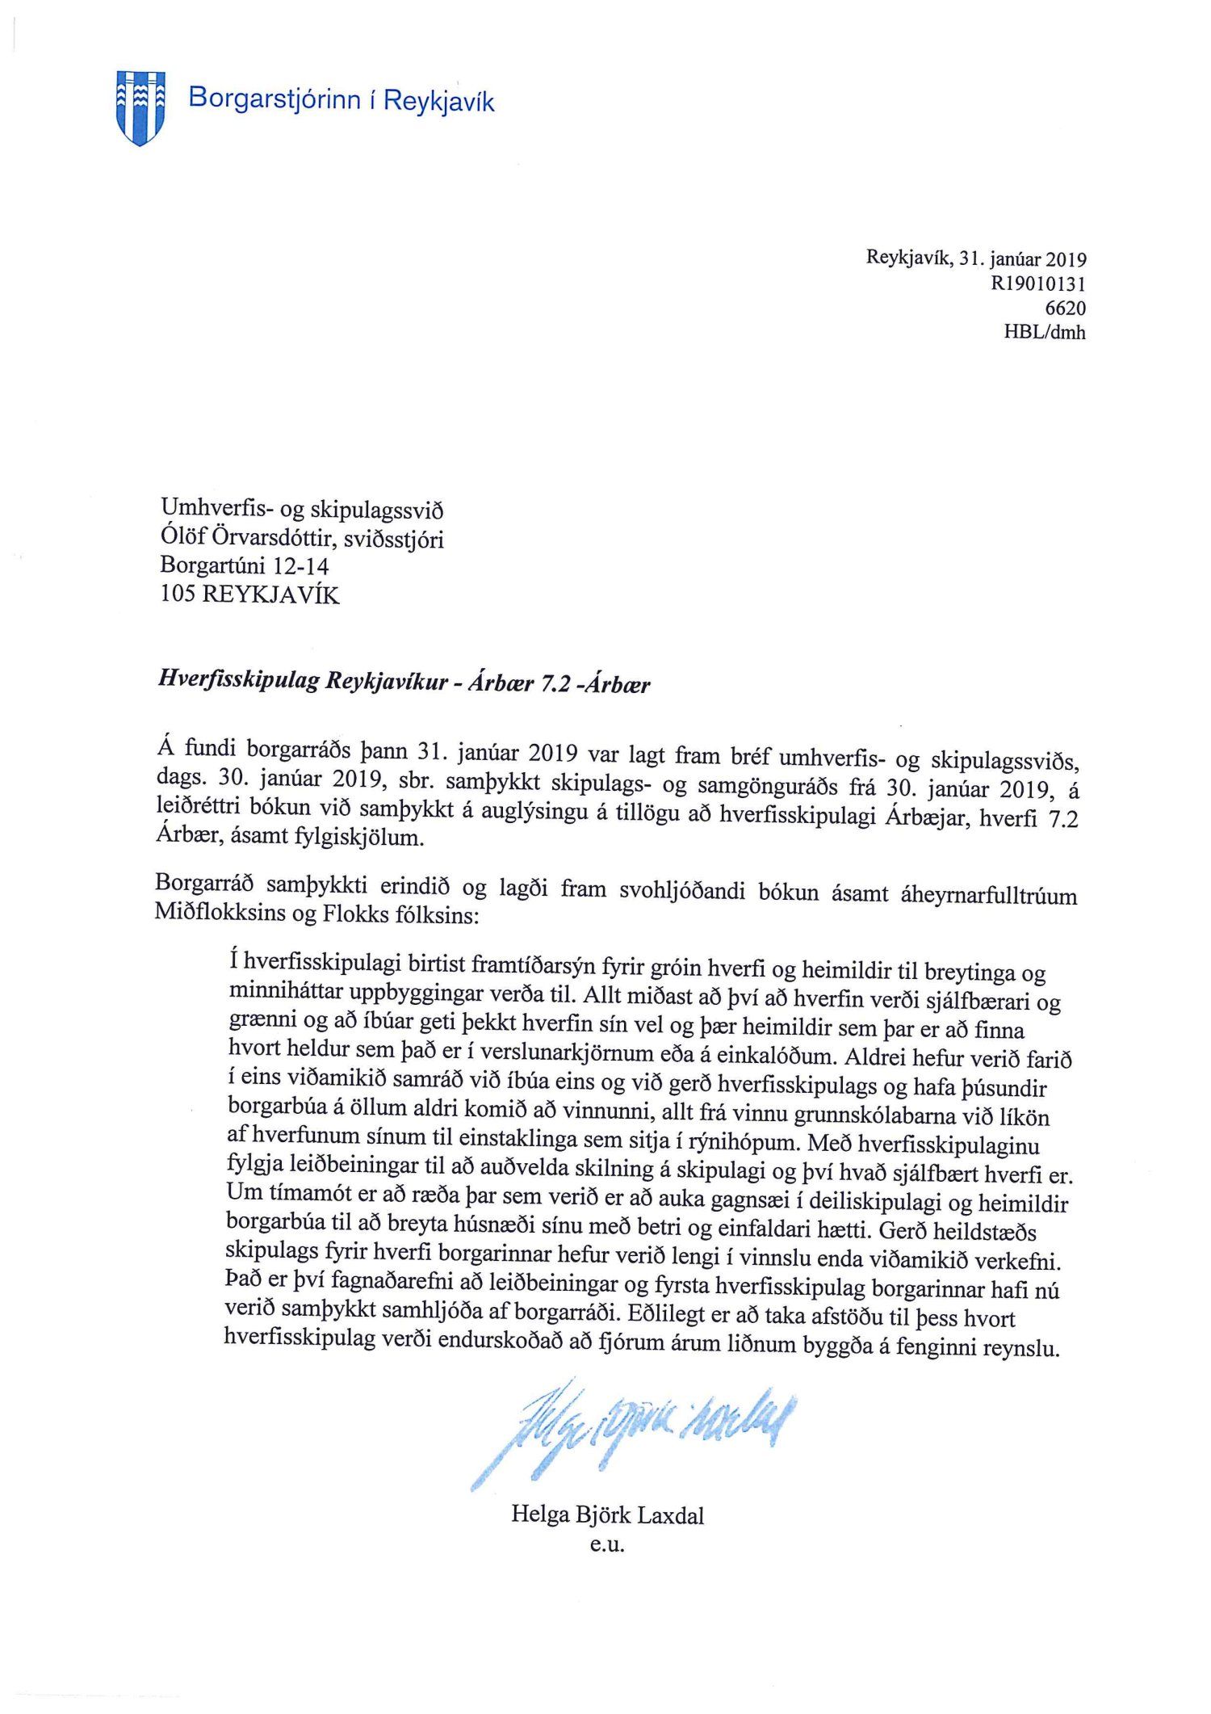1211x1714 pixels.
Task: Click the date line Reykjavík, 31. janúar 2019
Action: (976, 259)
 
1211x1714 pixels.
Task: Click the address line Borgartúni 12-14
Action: (245, 566)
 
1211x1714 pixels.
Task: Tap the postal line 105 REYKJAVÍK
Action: (250, 595)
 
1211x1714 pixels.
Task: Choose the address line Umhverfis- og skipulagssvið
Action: (302, 510)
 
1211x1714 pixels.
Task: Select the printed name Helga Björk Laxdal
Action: (607, 1515)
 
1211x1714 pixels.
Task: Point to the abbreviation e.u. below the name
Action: (607, 1545)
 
